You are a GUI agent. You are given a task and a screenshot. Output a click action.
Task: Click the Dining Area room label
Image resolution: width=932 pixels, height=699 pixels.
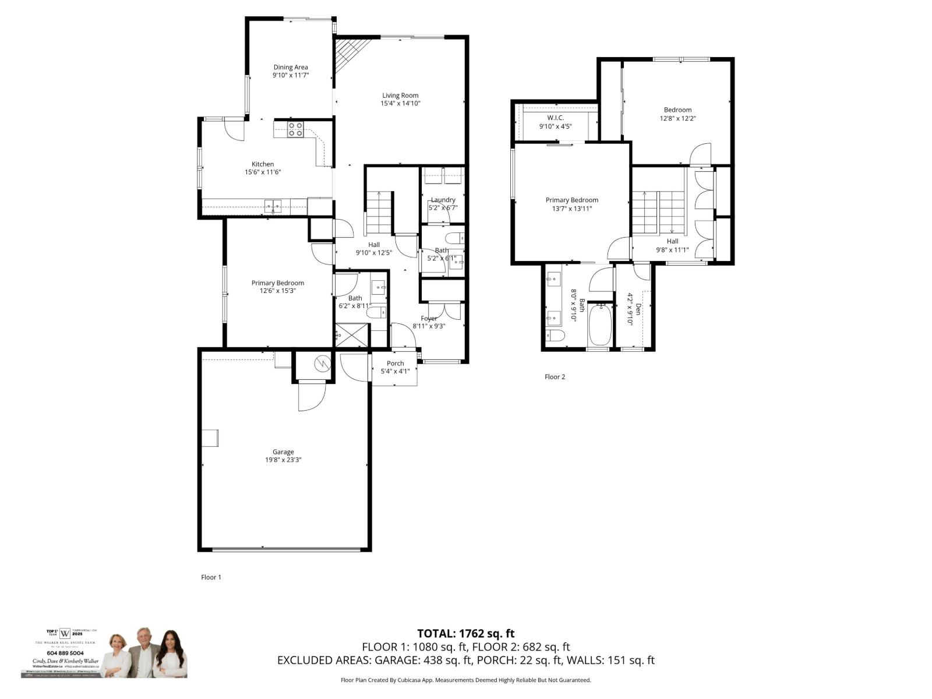[x=290, y=67]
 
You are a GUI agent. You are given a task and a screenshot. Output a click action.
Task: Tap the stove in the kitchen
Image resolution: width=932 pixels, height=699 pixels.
[x=295, y=129]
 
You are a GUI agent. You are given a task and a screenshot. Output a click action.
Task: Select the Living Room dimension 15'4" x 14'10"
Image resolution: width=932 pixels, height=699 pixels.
[x=400, y=103]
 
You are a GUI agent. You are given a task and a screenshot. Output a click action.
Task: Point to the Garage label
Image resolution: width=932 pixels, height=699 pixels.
[x=283, y=451]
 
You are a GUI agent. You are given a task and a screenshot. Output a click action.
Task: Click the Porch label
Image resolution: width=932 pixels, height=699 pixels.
[x=395, y=363]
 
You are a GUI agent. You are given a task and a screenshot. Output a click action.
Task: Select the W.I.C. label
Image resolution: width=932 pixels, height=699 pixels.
[x=555, y=118]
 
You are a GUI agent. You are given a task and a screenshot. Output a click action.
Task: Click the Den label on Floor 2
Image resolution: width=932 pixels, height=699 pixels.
[x=638, y=309]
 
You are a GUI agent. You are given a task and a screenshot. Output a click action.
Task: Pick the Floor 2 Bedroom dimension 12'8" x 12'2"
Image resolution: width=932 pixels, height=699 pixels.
[x=677, y=118]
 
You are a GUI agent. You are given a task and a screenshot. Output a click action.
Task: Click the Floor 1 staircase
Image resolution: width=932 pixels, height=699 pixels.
[x=379, y=213]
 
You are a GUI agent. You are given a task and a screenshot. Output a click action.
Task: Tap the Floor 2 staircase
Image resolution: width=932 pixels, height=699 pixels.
[x=658, y=213]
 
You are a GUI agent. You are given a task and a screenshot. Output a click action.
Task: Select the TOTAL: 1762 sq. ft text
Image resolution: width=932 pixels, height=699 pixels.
[x=465, y=633]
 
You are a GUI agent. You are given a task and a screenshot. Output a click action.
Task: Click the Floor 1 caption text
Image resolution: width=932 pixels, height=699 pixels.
[x=211, y=577]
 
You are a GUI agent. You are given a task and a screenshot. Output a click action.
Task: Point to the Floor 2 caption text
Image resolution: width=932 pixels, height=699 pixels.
[x=555, y=377]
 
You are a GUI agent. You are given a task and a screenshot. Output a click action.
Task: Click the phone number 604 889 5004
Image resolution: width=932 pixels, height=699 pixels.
[x=61, y=654]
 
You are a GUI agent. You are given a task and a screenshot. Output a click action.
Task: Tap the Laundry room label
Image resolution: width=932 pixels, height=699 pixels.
[x=443, y=200]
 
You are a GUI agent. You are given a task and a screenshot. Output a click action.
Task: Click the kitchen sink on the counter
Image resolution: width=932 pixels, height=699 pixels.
[x=273, y=204]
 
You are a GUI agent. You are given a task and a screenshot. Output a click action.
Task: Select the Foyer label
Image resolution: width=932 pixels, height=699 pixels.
[x=429, y=318]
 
